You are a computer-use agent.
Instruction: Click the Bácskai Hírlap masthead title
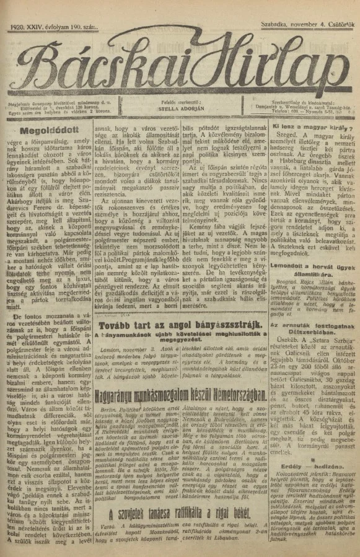click(x=180, y=59)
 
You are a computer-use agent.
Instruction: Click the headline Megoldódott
click(x=46, y=131)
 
